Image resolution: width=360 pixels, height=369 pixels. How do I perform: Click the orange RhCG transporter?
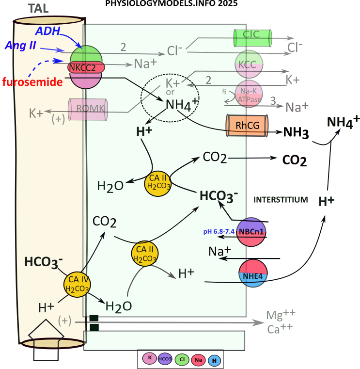click(247, 126)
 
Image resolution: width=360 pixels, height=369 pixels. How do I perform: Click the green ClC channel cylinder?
click(252, 38)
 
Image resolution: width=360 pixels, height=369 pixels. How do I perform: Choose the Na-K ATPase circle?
click(249, 94)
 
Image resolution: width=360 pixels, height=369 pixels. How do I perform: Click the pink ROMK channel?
click(88, 110)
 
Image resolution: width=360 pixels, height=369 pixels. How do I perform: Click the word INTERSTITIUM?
click(281, 199)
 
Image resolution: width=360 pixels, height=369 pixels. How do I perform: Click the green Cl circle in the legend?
click(181, 359)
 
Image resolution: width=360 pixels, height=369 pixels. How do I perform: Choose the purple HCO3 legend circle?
click(165, 359)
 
